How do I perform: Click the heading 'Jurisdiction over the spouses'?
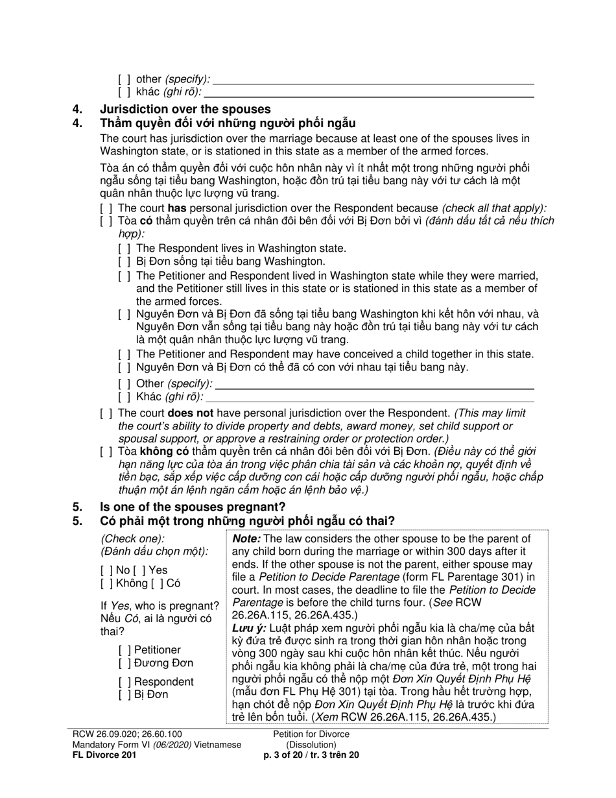click(x=185, y=109)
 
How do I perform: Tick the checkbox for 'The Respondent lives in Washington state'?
click(x=124, y=248)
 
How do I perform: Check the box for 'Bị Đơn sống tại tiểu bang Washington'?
click(x=124, y=261)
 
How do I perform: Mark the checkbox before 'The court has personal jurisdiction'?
click(x=106, y=208)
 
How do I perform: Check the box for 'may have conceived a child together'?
click(x=124, y=354)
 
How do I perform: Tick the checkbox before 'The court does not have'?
click(x=106, y=413)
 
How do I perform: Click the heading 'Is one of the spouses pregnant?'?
click(x=192, y=507)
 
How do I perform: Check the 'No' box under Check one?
click(x=106, y=570)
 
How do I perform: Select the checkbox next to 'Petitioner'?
click(x=124, y=650)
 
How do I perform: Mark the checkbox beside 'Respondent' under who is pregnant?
click(x=124, y=682)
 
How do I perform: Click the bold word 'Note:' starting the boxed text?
click(x=246, y=538)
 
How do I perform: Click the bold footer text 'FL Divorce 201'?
click(x=104, y=755)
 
